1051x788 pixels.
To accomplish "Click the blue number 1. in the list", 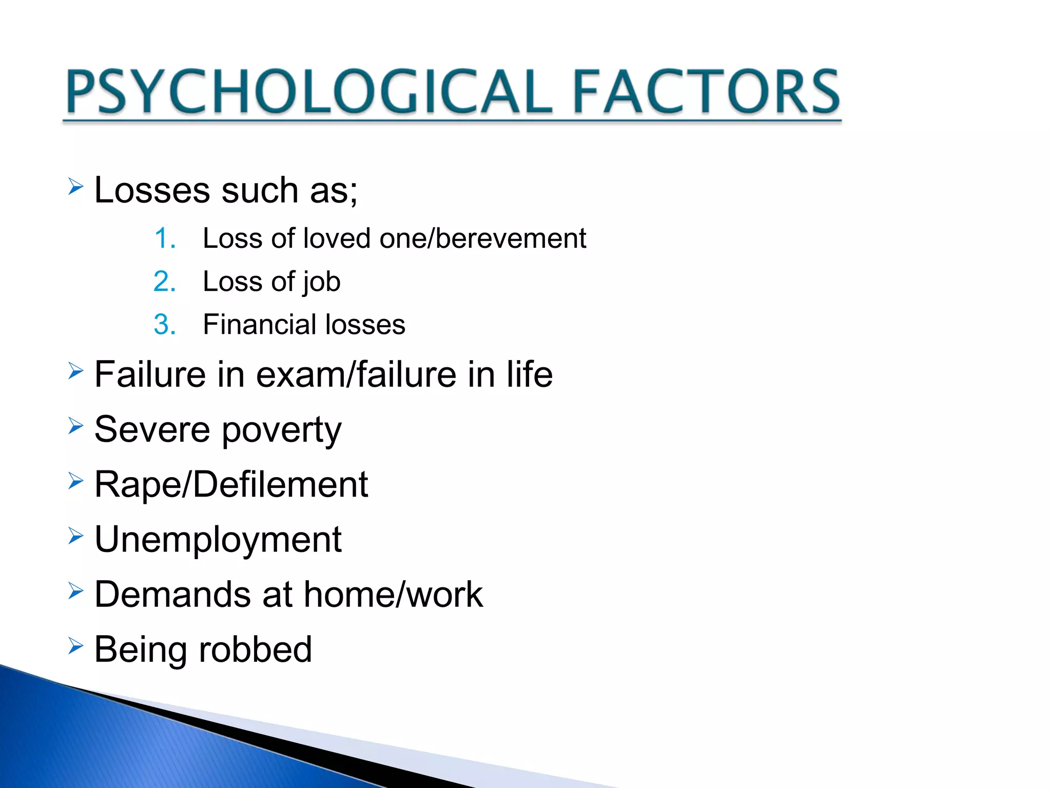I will (x=165, y=239).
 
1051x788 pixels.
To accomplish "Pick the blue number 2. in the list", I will (x=165, y=282).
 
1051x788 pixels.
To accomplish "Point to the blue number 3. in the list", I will (x=165, y=325).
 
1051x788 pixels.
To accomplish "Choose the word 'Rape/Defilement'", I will (x=231, y=484).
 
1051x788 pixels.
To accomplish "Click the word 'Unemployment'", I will (x=218, y=540).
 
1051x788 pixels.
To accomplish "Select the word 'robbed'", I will (x=255, y=649).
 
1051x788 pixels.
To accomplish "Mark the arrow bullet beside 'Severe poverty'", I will (x=75, y=425).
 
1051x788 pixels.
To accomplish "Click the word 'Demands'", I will (x=172, y=595).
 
